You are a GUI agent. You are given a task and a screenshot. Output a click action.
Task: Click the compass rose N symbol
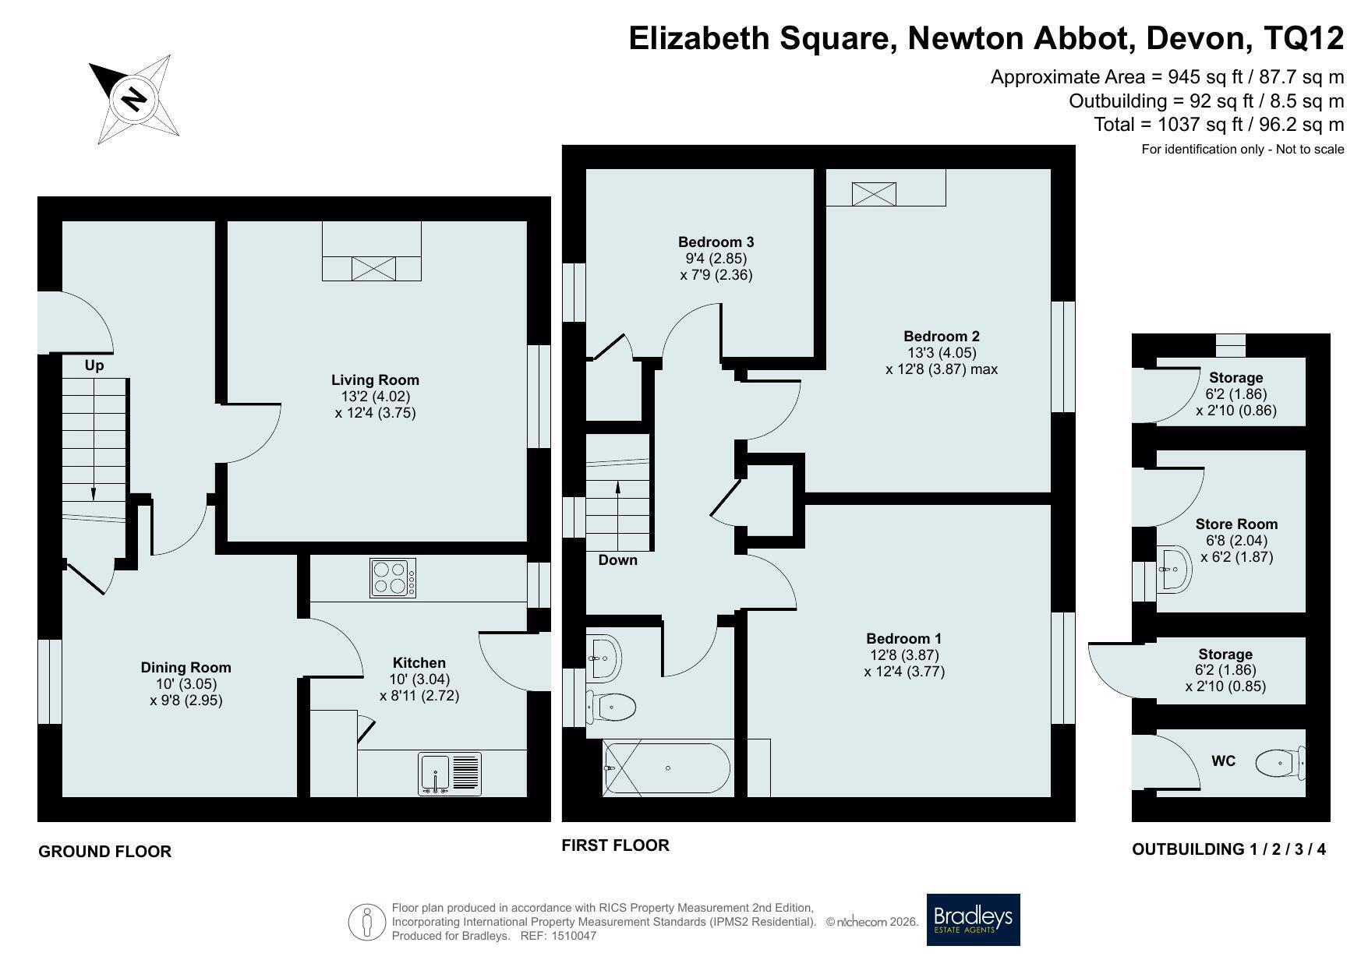pos(134,99)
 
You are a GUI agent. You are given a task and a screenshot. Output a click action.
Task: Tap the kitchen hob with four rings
pos(393,578)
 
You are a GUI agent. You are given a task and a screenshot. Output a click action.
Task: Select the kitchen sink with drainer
pos(450,774)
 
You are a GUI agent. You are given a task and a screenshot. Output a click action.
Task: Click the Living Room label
pos(375,380)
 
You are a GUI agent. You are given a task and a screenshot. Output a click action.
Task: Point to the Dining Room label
pos(186,667)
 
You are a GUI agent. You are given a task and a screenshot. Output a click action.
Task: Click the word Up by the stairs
pos(94,365)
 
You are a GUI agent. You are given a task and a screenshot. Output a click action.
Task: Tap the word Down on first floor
pos(618,560)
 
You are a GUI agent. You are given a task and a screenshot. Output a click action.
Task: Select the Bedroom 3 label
pos(716,242)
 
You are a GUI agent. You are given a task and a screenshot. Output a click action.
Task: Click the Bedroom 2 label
pos(942,337)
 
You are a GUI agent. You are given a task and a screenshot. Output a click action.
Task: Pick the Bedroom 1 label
pos(904,638)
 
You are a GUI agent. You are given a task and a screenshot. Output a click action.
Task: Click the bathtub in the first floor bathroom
pos(667,768)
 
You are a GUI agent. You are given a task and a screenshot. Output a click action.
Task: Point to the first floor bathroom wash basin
pos(603,658)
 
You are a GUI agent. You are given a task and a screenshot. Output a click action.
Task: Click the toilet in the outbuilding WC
pos(1280,762)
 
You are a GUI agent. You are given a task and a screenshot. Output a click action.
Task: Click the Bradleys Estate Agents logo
pos(973,919)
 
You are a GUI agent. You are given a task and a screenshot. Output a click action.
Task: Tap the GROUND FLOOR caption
pos(105,852)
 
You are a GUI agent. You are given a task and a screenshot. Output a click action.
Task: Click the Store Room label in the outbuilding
pos(1236,524)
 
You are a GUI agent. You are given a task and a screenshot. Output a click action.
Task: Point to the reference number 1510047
pos(574,936)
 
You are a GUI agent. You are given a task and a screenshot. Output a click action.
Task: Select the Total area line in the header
pos(1219,125)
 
